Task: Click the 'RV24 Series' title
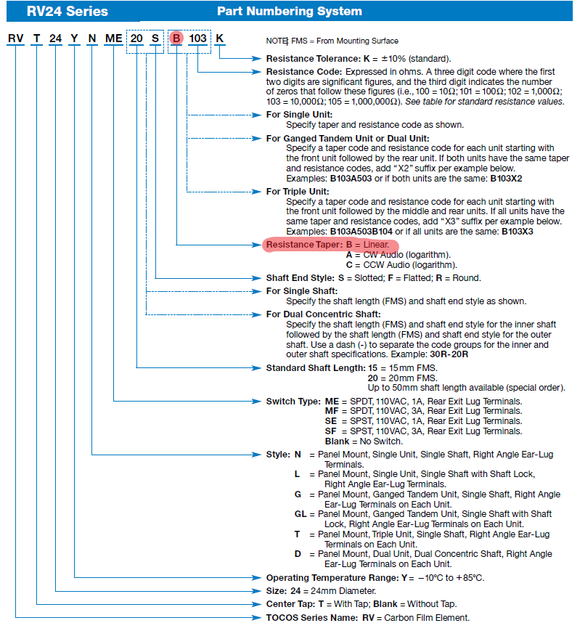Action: [58, 11]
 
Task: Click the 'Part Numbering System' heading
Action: [289, 11]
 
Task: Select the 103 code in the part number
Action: [198, 38]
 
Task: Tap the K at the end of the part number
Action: [220, 38]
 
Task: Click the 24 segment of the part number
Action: [57, 38]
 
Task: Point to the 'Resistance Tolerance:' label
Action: [311, 58]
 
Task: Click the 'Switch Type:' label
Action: [293, 401]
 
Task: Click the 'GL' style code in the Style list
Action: [299, 514]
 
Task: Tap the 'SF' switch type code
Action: [331, 431]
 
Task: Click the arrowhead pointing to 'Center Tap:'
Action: [261, 604]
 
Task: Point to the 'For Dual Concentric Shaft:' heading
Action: [322, 314]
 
